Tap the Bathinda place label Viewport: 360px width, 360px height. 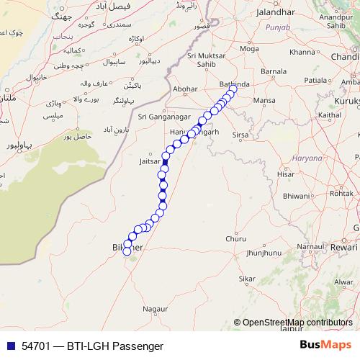click(x=234, y=84)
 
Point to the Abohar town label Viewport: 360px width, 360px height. click(x=186, y=90)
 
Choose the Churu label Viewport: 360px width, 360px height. click(x=235, y=238)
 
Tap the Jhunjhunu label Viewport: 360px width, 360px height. click(x=263, y=253)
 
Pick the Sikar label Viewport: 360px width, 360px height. click(x=247, y=278)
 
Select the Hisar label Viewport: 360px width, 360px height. click(x=287, y=174)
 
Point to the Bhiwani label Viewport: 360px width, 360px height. click(x=296, y=195)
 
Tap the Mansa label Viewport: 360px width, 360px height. click(x=265, y=100)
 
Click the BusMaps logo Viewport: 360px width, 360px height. click(x=326, y=346)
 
